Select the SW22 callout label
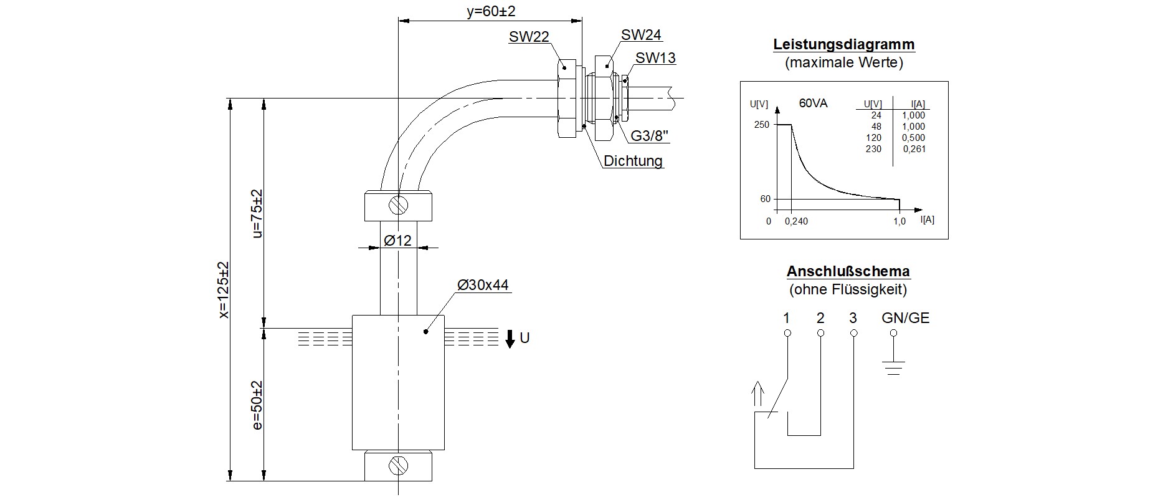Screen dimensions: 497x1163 [529, 37]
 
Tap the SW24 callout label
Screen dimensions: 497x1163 [641, 35]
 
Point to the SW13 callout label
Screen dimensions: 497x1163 [655, 58]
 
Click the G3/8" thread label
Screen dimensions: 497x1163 [650, 135]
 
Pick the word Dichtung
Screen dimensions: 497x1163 [633, 161]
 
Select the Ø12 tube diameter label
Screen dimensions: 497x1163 [397, 240]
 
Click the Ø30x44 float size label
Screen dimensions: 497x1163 [483, 285]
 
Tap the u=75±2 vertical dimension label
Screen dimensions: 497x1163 [257, 213]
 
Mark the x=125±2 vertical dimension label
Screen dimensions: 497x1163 [224, 290]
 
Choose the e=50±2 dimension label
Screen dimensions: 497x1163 [257, 405]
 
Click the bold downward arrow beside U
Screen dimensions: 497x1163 [510, 339]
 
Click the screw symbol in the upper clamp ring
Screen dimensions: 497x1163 [397, 205]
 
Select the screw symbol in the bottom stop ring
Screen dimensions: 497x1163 [397, 466]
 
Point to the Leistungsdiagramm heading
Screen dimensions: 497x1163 [843, 44]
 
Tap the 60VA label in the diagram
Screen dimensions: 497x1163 [813, 104]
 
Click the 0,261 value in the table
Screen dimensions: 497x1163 [914, 149]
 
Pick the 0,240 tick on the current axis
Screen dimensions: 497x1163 [796, 221]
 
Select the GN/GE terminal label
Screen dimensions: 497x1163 [905, 318]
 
